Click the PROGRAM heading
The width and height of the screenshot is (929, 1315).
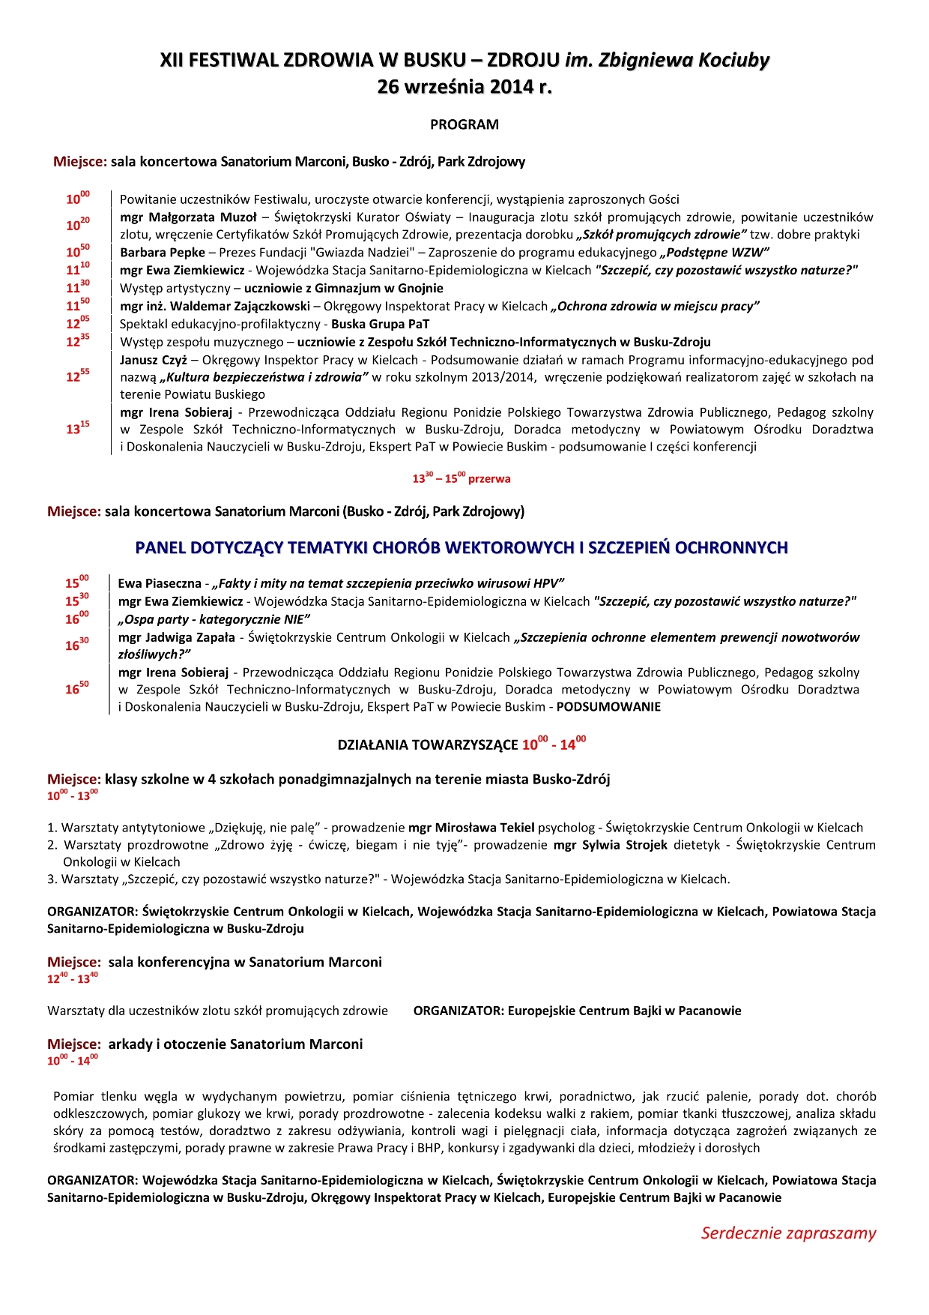pyautogui.click(x=464, y=124)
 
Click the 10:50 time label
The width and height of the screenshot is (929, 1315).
pyautogui.click(x=77, y=252)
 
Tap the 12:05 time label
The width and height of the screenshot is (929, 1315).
pyautogui.click(x=77, y=323)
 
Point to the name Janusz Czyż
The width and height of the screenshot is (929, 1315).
pyautogui.click(x=153, y=360)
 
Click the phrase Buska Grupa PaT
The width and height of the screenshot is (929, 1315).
pyautogui.click(x=380, y=324)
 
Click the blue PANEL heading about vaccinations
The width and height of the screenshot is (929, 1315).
pyautogui.click(x=461, y=547)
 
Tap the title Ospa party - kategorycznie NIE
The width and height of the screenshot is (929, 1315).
pyautogui.click(x=214, y=619)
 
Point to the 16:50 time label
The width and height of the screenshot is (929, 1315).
pyautogui.click(x=76, y=688)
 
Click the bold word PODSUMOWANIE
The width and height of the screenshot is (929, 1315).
pyautogui.click(x=608, y=707)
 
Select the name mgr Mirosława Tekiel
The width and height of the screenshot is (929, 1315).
pyautogui.click(x=471, y=828)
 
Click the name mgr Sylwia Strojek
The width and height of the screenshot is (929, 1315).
pyautogui.click(x=610, y=845)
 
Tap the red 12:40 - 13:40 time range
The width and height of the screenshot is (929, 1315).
pyautogui.click(x=72, y=978)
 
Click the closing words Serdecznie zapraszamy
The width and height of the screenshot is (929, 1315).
pyautogui.click(x=788, y=1233)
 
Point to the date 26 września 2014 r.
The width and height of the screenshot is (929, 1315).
pyautogui.click(x=464, y=87)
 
